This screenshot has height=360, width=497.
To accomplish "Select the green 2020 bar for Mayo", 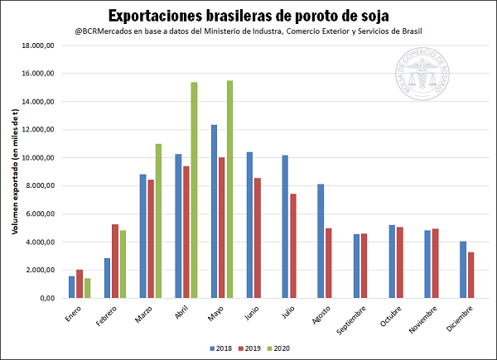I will coord(230,190).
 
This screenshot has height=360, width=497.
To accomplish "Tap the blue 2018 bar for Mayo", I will coord(214,212).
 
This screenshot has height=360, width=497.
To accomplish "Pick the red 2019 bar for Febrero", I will coord(115,262).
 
